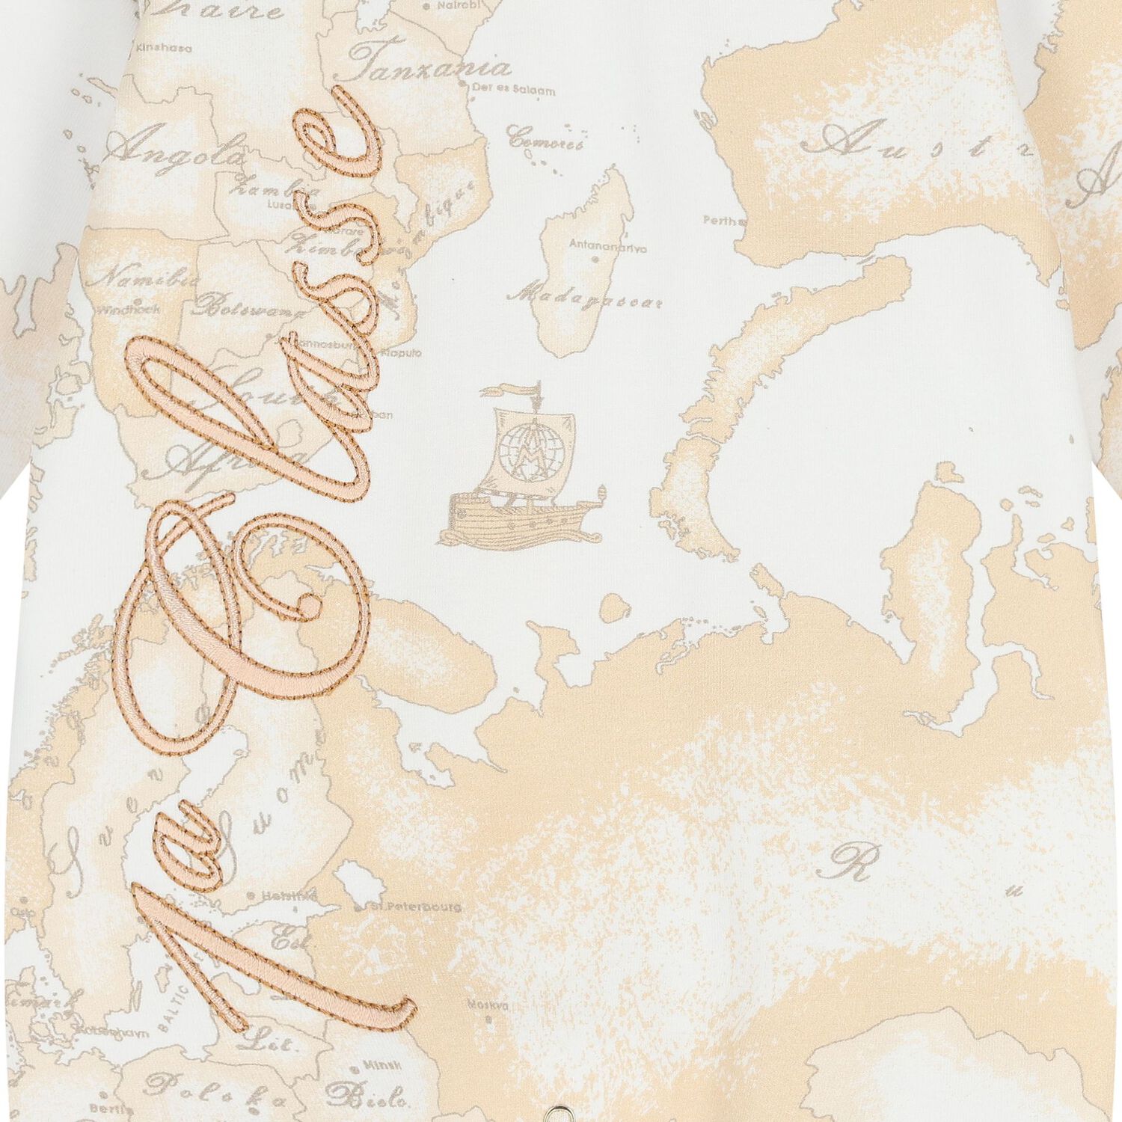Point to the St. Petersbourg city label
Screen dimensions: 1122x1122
[x=415, y=907]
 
